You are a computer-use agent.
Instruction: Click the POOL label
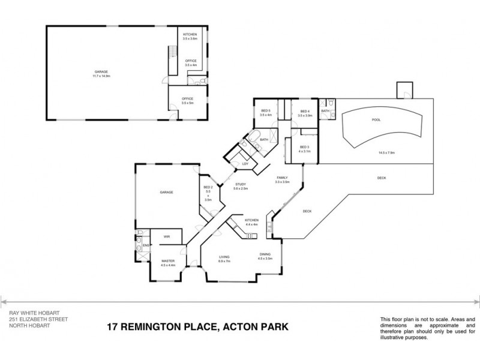[376, 119]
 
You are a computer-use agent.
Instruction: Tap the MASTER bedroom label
[167, 262]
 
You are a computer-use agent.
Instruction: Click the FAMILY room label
[283, 178]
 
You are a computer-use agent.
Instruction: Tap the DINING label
[265, 254]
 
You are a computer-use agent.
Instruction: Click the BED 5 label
[266, 111]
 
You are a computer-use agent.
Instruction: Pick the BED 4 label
[305, 111]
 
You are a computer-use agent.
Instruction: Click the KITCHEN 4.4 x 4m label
[251, 222]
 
